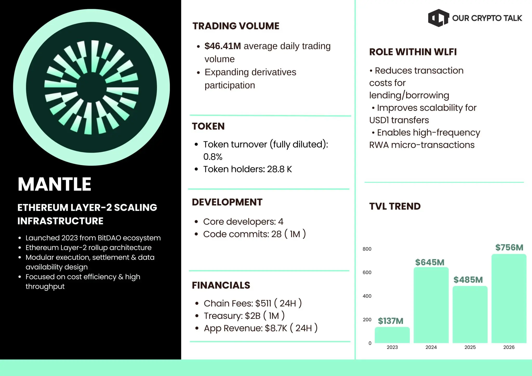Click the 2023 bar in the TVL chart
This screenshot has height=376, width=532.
(392, 335)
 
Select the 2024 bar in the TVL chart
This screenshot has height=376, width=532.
(431, 305)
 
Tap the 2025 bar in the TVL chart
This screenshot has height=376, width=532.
(470, 314)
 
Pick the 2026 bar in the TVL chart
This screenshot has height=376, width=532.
(509, 299)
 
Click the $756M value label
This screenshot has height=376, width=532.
(509, 247)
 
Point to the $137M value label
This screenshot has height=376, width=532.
(390, 321)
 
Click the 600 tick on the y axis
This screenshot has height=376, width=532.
(367, 272)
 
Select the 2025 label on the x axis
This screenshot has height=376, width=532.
(470, 347)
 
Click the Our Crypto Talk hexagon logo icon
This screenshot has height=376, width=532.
(438, 18)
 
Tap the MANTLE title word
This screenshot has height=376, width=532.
(55, 184)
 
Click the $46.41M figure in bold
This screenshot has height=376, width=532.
(223, 46)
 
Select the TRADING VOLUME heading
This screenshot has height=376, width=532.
(236, 26)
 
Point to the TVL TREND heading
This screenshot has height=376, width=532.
(395, 206)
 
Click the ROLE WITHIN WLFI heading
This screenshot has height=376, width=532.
(413, 52)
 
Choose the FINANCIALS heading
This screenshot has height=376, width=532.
(221, 285)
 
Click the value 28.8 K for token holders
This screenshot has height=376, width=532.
(280, 169)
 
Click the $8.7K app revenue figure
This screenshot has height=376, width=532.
(276, 328)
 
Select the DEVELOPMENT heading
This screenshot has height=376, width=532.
(227, 202)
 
